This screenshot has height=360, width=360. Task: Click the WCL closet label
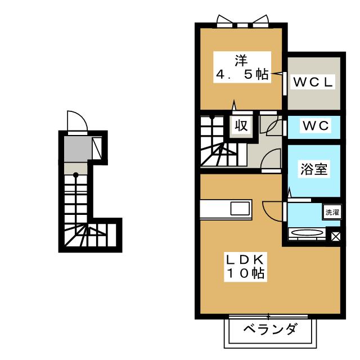coord(313,82)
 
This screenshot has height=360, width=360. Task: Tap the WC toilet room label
coord(316,125)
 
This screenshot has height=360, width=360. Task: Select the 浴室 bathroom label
coord(314,169)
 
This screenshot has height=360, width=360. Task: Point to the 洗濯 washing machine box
coord(332,212)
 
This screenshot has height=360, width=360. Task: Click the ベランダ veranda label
coord(271,329)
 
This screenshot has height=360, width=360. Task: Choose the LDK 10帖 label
coord(245,266)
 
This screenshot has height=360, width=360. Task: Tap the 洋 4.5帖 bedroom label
coord(242,67)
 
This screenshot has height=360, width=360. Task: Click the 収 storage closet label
coord(241,125)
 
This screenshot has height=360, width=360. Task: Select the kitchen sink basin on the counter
coord(240,209)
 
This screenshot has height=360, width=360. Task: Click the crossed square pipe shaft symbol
coord(336,236)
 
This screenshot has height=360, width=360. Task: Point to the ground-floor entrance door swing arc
coord(78,121)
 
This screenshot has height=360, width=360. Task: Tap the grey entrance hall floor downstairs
coord(78,149)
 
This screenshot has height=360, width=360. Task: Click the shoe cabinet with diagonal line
coord(97,148)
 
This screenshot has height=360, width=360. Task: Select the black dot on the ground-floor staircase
coord(76,175)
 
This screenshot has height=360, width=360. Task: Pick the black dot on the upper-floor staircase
coord(212,118)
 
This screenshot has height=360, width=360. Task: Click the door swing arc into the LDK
coord(272,211)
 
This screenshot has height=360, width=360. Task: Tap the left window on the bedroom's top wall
coord(225,21)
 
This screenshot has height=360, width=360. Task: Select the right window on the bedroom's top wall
coord(260,21)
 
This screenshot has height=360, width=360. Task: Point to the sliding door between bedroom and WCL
coord(285,84)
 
